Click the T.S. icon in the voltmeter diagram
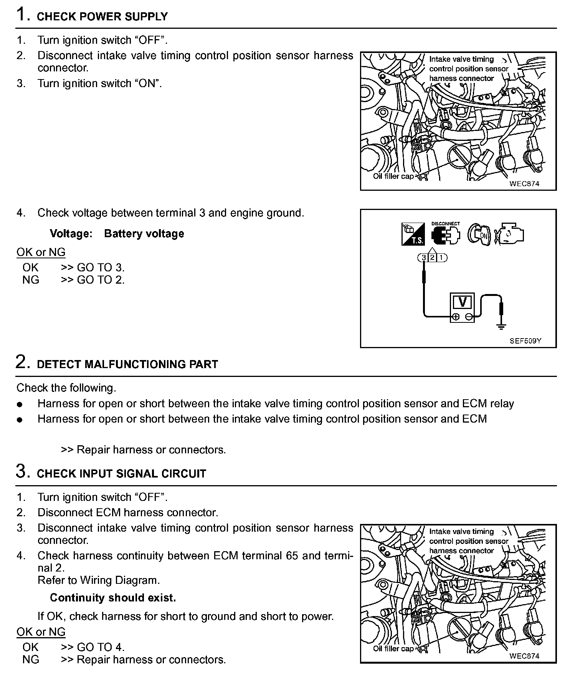pos(413,234)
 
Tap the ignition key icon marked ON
pos(479,234)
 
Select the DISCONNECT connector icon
pos(446,234)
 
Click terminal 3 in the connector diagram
pos(424,257)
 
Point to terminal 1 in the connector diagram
pos(441,257)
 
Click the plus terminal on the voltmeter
pos(456,317)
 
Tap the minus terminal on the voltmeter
pos(469,317)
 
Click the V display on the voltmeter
pos(462,302)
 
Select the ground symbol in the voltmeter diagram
pos(501,327)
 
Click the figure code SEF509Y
pos(525,341)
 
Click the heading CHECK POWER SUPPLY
pos(102,17)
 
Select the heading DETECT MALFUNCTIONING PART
pos(127,364)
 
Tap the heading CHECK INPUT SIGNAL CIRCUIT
pos(121,474)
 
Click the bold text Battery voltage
pos(144,234)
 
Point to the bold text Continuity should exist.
pos(113,598)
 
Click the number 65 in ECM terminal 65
pos(292,556)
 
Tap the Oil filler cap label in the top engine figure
pos(393,176)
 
